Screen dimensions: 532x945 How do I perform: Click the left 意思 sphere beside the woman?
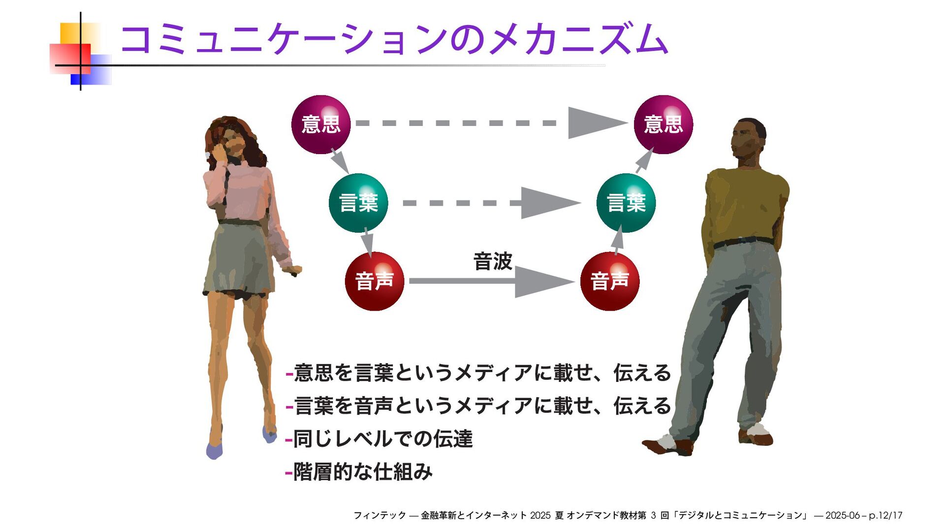point(320,125)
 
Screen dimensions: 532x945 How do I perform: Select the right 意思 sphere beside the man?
point(663,125)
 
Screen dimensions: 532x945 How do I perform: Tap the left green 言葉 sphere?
point(358,203)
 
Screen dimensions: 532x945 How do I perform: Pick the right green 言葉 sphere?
point(626,203)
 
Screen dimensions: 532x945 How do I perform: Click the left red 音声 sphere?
point(374,281)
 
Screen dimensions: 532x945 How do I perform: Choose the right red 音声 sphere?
point(609,281)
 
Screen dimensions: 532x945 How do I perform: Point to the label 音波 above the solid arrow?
point(493,261)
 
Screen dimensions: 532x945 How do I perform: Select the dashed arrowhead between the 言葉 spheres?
point(549,203)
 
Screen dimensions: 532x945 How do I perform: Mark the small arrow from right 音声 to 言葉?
point(618,240)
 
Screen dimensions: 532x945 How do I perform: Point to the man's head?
point(747,138)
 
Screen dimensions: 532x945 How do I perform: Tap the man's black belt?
point(743,242)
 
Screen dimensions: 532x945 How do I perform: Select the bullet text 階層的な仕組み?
point(362,472)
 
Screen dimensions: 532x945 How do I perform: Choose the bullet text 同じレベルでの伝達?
point(382,438)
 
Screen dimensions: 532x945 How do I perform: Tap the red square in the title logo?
point(70,58)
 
